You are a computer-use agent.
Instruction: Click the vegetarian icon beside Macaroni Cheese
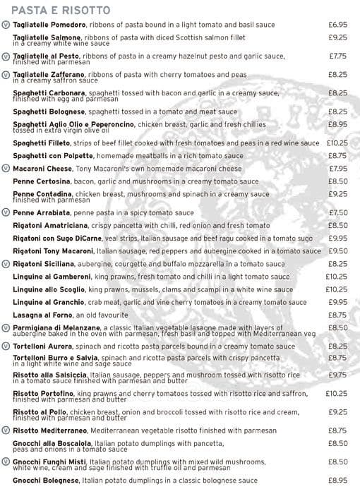click(x=6, y=169)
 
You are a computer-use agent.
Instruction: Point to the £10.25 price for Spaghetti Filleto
click(x=337, y=143)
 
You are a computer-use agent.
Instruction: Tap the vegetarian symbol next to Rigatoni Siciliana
click(x=6, y=263)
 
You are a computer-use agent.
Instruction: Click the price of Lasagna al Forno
click(x=337, y=315)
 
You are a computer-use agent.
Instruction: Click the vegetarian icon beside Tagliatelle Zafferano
click(x=6, y=74)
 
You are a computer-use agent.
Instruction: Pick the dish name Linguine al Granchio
click(x=47, y=302)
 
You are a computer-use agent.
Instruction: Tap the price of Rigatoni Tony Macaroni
click(x=337, y=251)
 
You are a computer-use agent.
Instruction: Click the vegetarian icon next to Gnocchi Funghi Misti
click(x=6, y=462)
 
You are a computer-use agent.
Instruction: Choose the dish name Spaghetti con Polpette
click(x=47, y=155)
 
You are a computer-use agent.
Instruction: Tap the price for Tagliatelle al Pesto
click(x=337, y=56)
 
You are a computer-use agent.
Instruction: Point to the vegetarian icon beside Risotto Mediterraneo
click(x=6, y=430)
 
